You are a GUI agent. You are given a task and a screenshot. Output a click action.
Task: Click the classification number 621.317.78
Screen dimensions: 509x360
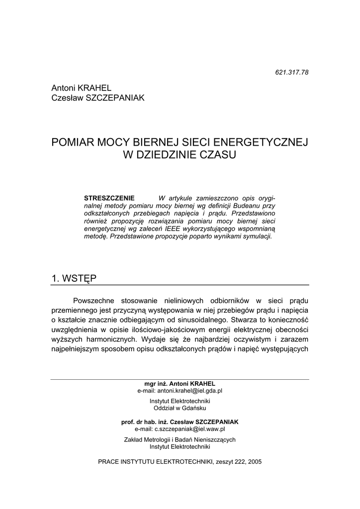coord(292,72)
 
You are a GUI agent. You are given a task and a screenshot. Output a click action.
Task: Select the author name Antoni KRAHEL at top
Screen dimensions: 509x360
coord(82,88)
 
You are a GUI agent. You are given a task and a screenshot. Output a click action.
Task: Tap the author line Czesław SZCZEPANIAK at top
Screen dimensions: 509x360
coord(98,98)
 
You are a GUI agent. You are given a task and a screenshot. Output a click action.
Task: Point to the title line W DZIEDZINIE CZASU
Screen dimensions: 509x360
coord(180,155)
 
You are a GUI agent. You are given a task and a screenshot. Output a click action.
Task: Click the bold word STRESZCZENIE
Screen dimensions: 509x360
coord(109,198)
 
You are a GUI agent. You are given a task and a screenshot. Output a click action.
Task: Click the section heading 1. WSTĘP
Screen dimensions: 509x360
coord(74,278)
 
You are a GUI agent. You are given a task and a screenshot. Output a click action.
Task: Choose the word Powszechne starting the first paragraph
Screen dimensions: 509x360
coord(94,301)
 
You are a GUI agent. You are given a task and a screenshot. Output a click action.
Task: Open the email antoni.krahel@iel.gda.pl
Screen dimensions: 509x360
coord(189,391)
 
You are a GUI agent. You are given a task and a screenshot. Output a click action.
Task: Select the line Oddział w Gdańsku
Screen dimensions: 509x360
coord(180,408)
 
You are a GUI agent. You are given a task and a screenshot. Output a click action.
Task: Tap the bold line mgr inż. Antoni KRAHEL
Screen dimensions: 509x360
coord(180,384)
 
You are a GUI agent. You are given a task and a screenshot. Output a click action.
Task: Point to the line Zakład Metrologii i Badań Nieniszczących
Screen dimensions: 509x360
coord(180,439)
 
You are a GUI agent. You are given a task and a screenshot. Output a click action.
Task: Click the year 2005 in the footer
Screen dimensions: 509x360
coord(254,461)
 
